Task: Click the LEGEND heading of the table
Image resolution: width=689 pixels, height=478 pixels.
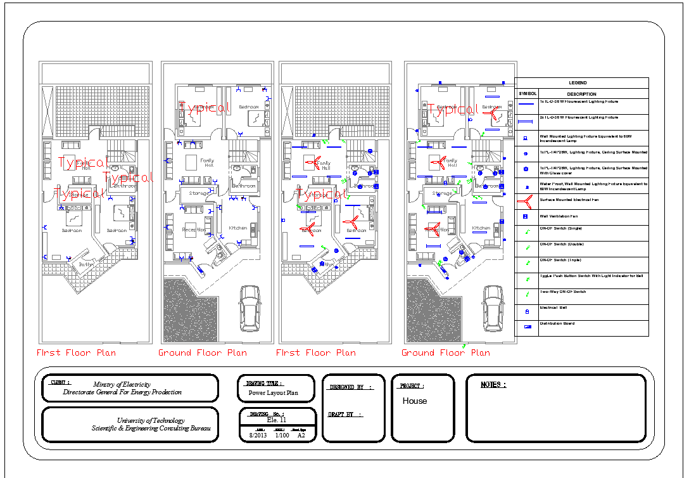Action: pos(578,83)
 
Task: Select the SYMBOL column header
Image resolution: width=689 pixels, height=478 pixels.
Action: pos(527,94)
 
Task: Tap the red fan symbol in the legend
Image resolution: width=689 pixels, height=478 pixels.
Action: pos(525,201)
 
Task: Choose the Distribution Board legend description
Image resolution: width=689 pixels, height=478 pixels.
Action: pos(557,323)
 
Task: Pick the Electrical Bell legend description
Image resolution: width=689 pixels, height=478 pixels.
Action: pos(553,307)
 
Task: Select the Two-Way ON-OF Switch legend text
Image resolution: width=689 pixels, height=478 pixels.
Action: pos(563,292)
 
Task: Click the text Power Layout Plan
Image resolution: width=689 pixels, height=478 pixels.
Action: pos(273,393)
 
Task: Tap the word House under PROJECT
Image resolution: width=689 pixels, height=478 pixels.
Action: pos(415,401)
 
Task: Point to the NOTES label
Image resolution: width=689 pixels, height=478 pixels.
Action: pos(493,385)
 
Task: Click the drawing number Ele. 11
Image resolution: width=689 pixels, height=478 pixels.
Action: pos(277,420)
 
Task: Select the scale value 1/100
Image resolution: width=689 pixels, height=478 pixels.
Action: pos(282,436)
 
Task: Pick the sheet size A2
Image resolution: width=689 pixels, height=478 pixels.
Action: pos(301,436)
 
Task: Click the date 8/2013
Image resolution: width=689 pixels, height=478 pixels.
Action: pos(257,436)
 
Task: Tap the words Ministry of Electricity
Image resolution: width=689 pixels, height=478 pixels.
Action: pos(122,384)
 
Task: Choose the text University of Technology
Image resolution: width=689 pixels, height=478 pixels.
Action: pos(151,420)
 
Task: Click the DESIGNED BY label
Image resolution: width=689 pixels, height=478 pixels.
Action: pos(351,386)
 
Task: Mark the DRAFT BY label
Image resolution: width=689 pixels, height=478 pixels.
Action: pos(345,415)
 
